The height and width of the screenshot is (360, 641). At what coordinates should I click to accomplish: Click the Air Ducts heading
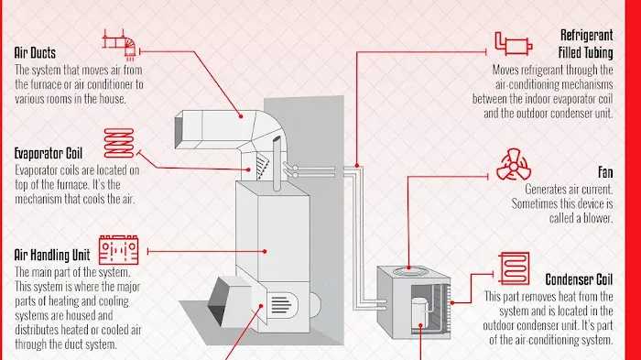pyautogui.click(x=36, y=52)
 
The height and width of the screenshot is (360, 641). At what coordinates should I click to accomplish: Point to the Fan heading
pyautogui.click(x=605, y=171)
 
